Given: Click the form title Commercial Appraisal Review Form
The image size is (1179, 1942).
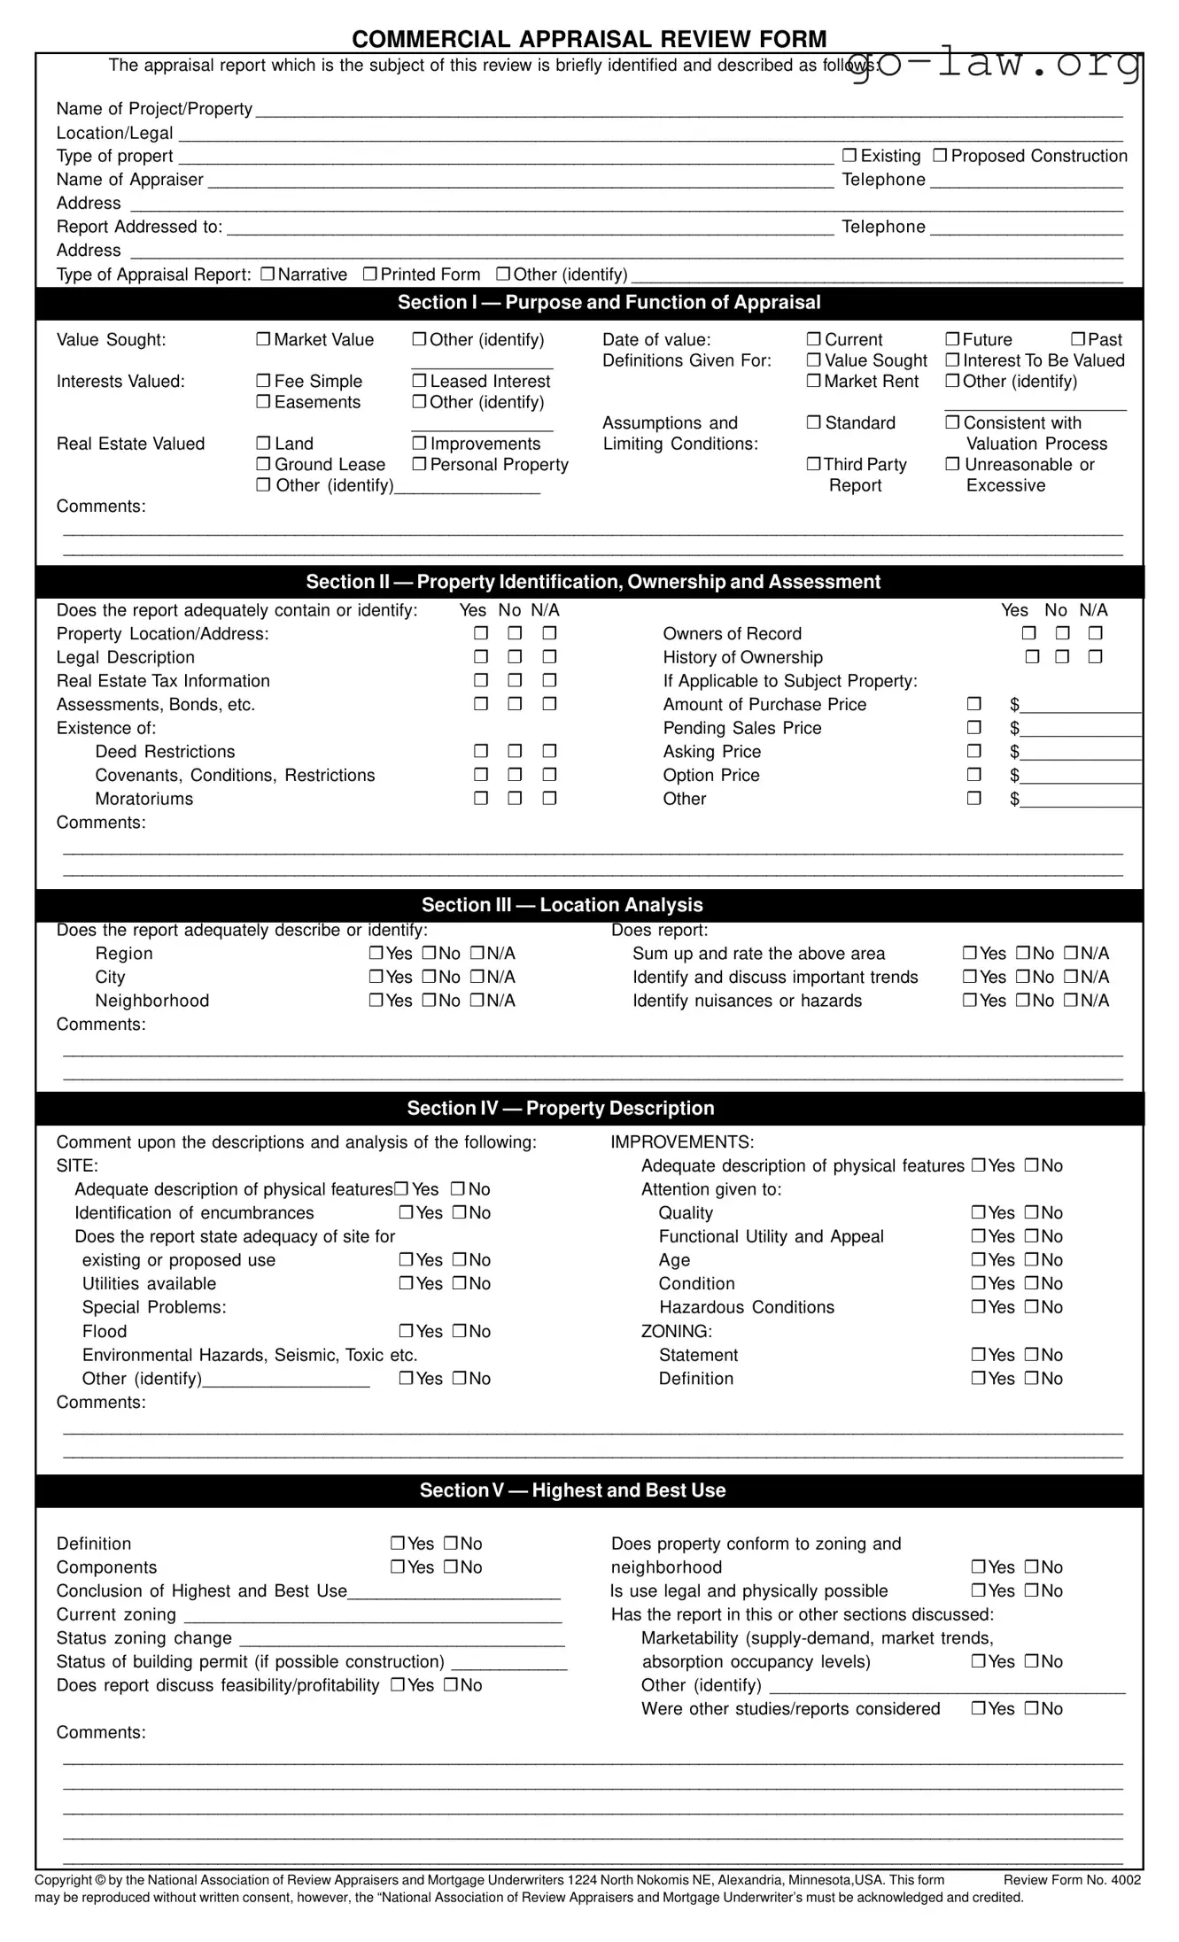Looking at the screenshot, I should pyautogui.click(x=589, y=39).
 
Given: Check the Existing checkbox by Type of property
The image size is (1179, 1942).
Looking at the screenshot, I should pyautogui.click(x=849, y=156).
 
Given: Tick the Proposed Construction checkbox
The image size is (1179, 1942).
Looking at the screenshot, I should pyautogui.click(x=941, y=156).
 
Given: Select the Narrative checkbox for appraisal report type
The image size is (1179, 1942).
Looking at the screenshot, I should pyautogui.click(x=268, y=275).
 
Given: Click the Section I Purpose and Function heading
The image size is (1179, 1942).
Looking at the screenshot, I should pyautogui.click(x=609, y=303).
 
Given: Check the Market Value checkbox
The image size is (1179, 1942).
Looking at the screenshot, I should pyautogui.click(x=263, y=340).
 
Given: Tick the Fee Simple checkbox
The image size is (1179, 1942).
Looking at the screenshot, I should pyautogui.click(x=263, y=382).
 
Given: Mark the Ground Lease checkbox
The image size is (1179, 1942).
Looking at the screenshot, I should pyautogui.click(x=263, y=465).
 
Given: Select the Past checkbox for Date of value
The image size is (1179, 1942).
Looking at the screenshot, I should pyautogui.click(x=1078, y=340).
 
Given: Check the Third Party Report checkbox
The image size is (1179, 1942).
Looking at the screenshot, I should pyautogui.click(x=813, y=465).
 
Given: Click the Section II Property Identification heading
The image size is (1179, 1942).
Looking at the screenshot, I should pyautogui.click(x=593, y=582).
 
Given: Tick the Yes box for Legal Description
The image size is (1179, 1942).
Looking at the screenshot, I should pyautogui.click(x=481, y=657).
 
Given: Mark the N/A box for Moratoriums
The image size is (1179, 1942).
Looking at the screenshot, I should pyautogui.click(x=549, y=799).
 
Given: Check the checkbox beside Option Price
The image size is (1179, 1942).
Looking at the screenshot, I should pyautogui.click(x=974, y=775).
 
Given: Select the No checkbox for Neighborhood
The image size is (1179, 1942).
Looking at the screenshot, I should pyautogui.click(x=429, y=1001).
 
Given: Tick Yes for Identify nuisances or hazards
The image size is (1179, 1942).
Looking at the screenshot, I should pyautogui.click(x=970, y=1001).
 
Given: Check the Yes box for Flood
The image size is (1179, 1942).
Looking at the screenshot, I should pyautogui.click(x=407, y=1331).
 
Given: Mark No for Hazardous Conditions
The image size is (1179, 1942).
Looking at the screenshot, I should pyautogui.click(x=1032, y=1307).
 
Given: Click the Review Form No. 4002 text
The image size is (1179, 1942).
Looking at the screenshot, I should pyautogui.click(x=1072, y=1880).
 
